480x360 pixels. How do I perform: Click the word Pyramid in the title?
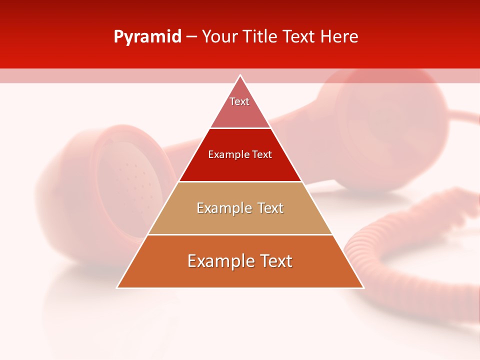pos(147,37)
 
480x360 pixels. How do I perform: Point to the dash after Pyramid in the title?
pos(191,37)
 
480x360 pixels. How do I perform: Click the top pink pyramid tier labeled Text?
pos(240,107)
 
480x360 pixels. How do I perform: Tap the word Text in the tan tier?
pos(267,208)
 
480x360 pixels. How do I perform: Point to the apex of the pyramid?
pos(240,75)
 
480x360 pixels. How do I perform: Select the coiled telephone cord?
pos(400,250)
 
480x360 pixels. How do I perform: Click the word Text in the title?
pos(299,37)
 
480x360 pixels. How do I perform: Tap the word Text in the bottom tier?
pos(273,261)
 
